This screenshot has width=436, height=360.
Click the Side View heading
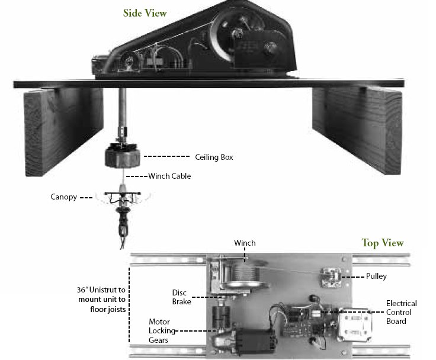(x=145, y=12)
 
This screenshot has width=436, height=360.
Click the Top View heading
(x=382, y=243)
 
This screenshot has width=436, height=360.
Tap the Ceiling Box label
(x=214, y=157)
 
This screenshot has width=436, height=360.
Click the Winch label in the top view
(x=244, y=243)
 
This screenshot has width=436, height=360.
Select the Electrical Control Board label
(x=401, y=312)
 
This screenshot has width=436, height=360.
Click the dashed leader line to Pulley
(x=355, y=275)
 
